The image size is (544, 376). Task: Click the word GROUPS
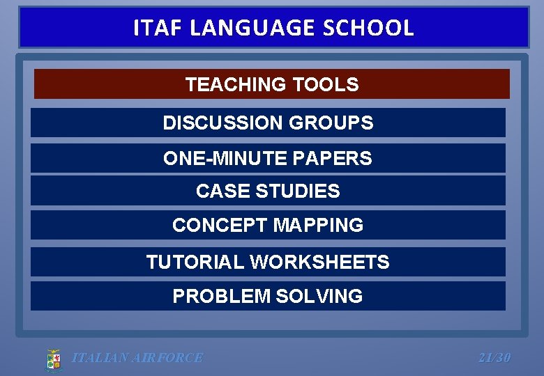(331, 123)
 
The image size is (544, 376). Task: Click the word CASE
(219, 191)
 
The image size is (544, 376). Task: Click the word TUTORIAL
(195, 263)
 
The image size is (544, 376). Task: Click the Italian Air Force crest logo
(54, 359)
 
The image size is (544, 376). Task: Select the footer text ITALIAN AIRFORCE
(137, 358)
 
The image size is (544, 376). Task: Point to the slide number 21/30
(494, 358)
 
